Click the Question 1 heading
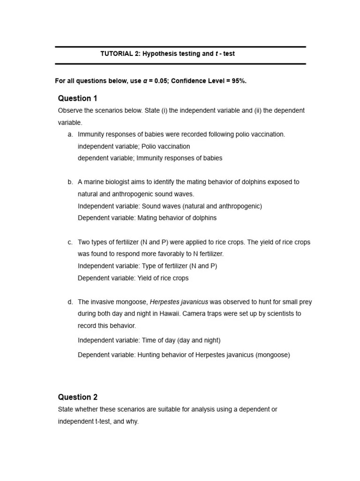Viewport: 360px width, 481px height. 77,98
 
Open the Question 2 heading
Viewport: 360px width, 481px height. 77,397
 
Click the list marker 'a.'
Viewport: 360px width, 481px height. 70,134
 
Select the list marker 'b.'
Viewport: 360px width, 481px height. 70,182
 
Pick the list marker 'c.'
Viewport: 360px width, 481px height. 70,242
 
